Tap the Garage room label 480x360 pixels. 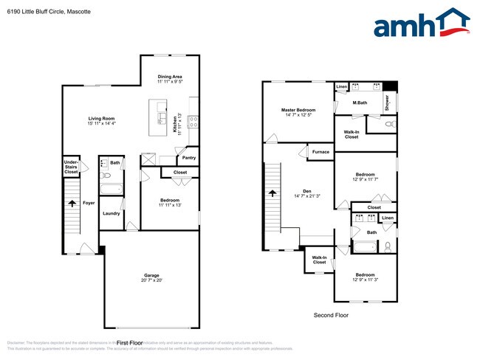[x=151, y=274]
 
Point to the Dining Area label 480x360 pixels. [x=170, y=77]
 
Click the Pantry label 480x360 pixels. [x=188, y=157]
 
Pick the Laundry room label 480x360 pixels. [x=112, y=214]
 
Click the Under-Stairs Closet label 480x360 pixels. [x=71, y=166]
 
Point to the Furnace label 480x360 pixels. [x=320, y=152]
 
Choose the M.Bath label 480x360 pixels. [x=360, y=103]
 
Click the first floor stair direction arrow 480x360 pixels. [x=72, y=202]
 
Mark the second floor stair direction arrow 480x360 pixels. [x=272, y=193]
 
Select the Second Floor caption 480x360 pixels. [x=331, y=315]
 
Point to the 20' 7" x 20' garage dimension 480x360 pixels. [x=151, y=280]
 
